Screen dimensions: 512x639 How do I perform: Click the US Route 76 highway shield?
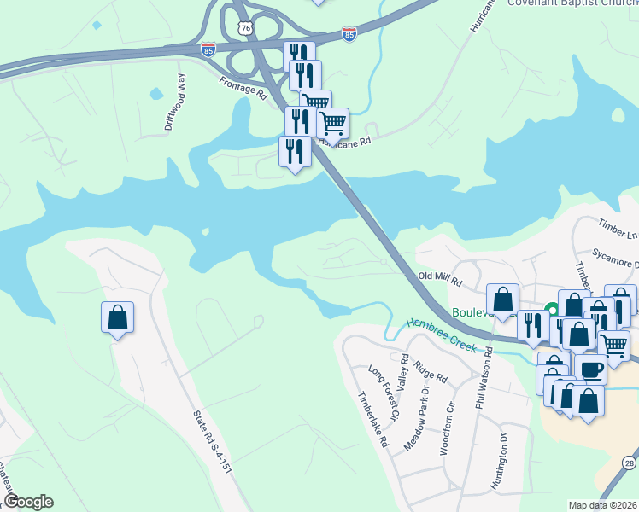[246, 30]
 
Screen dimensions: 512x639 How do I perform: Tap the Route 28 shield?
[629, 463]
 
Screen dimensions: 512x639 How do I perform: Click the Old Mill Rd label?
[440, 278]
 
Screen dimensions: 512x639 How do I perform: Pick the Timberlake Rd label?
[372, 420]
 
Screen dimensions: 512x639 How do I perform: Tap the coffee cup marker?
[589, 369]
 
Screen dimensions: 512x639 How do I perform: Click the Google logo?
[28, 502]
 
